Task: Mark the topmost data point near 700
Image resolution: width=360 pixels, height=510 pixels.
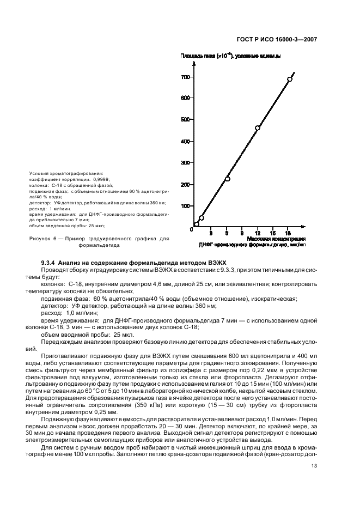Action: coord(290,79)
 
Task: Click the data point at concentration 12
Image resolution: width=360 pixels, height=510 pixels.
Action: coord(258,128)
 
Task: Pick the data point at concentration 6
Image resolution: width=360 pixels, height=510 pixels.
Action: coord(227,179)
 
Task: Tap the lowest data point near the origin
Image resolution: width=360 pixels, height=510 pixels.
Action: coord(197,224)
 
